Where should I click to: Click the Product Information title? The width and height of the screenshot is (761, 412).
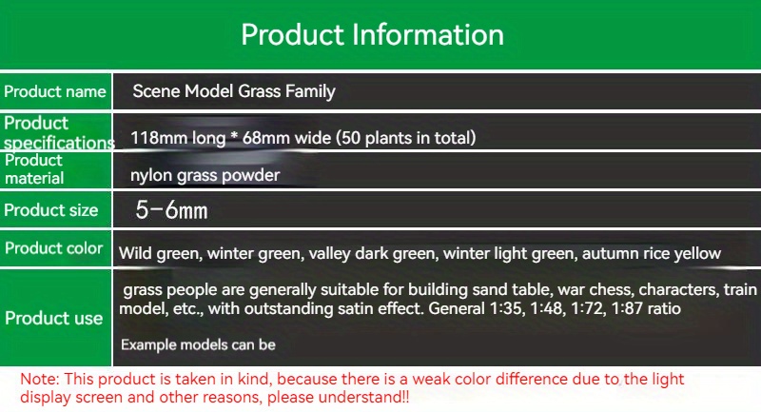(x=372, y=34)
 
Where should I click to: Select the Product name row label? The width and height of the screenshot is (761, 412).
(x=55, y=92)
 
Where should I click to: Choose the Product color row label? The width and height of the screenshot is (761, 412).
(x=54, y=248)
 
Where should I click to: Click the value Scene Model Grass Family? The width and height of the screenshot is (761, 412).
(x=234, y=92)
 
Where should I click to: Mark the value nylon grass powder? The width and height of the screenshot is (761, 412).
(x=205, y=176)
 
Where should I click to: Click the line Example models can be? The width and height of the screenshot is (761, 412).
(x=198, y=344)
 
